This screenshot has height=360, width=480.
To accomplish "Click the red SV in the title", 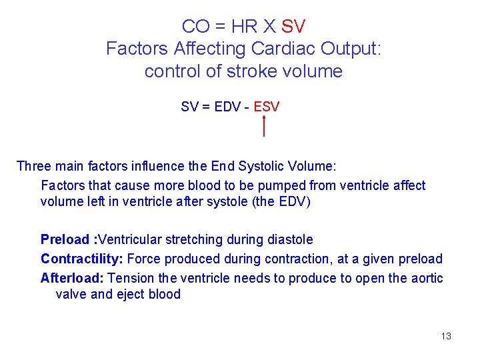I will point(293,27).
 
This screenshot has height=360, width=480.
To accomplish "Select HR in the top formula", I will point(245,27).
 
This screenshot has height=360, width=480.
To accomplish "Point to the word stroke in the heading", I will point(253,71).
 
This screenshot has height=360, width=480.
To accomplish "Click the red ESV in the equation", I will point(267,107).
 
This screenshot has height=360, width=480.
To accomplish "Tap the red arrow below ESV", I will point(265,125).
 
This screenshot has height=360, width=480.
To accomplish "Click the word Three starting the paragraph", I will point(34,166).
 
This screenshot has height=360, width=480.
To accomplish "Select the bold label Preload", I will point(65,239).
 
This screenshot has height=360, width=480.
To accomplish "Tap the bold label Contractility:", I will point(82,259).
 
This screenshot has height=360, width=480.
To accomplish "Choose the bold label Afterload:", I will point(72,278).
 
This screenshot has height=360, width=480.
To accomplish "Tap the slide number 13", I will point(446,336).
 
